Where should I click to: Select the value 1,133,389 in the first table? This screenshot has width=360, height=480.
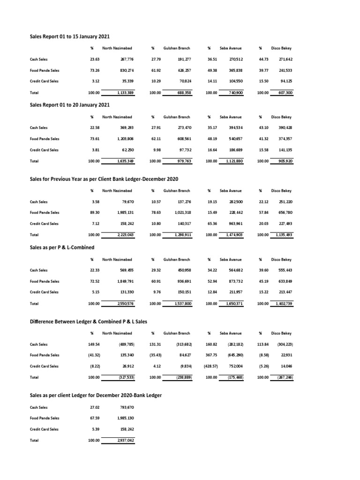[x=124, y=93]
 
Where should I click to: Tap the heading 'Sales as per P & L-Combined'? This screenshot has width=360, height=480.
[x=62, y=247]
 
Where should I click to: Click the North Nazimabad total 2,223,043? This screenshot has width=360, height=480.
[x=124, y=234]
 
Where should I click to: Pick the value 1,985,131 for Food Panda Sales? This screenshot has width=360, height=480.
[x=124, y=212]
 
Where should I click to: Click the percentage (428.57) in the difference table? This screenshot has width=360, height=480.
[x=210, y=366]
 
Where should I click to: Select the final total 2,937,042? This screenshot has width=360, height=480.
[x=124, y=440]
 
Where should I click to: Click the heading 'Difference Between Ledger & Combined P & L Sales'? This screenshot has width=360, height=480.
[x=88, y=321]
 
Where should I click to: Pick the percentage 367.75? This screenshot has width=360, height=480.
[x=211, y=355]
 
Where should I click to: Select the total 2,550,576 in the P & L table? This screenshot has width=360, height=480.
[x=124, y=304]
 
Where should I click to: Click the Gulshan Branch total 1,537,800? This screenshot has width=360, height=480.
[x=182, y=304]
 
